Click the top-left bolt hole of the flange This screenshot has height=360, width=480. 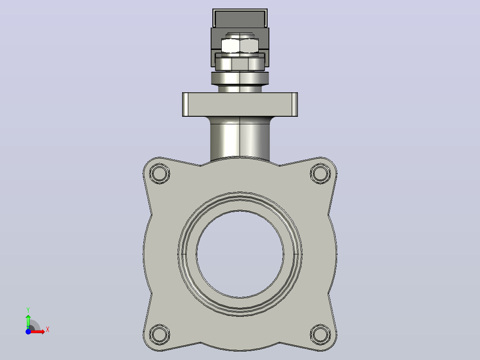[x=159, y=173]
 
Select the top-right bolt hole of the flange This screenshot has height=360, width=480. [x=320, y=173]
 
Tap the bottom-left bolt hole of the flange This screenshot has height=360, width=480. [x=159, y=334]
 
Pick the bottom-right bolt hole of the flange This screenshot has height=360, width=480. [x=320, y=334]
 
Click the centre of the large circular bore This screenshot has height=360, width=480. [x=240, y=254]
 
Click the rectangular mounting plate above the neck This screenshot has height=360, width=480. [x=240, y=104]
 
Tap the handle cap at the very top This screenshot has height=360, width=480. [x=240, y=18]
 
